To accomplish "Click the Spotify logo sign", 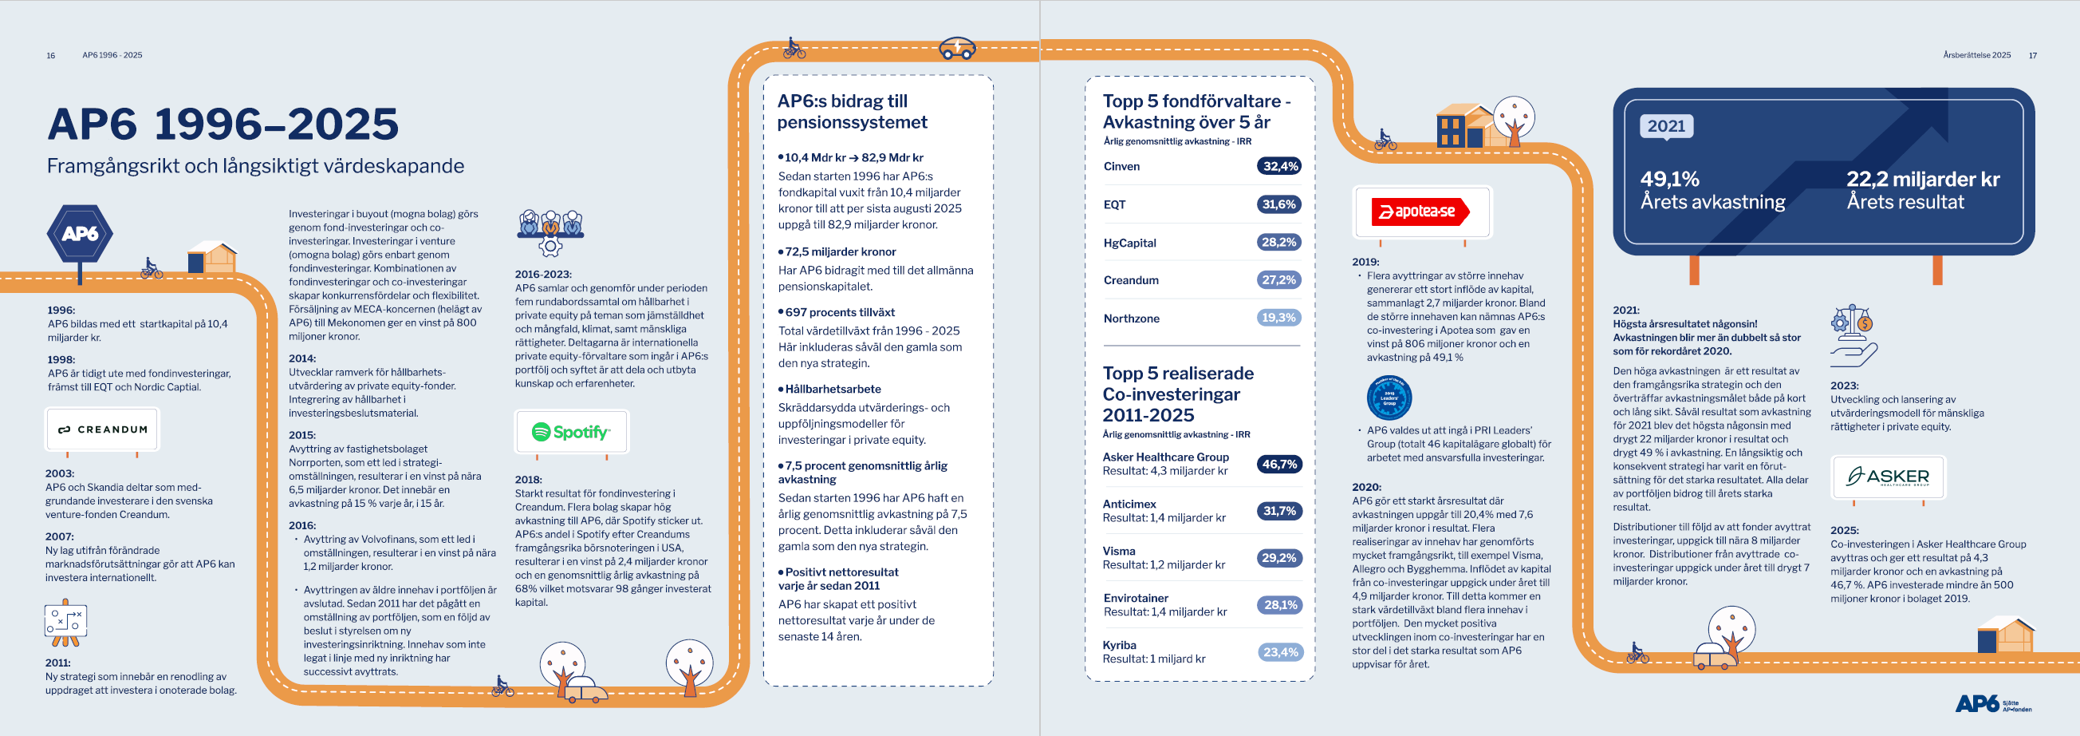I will pos(571,432).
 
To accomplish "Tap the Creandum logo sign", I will pos(103,429).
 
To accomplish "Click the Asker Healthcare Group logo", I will pos(1888,477).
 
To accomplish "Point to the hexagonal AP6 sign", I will pos(80,233).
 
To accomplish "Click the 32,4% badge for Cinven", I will pos(1280,166).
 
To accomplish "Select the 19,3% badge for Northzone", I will pos(1280,319).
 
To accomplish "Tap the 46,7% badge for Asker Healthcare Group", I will pos(1280,465).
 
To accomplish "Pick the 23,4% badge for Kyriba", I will pos(1281,653).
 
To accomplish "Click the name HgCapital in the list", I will pos(1129,243).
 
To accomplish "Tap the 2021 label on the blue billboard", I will pos(1666,126).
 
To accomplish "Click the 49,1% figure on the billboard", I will pos(1670,180).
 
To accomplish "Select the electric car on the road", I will pos(958,49).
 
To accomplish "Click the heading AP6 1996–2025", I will pos(223,125).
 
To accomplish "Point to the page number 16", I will pos(51,56).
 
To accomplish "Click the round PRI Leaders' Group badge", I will pos(1389,398).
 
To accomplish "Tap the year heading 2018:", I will pos(528,480).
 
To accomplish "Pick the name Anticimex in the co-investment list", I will pos(1129,505).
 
